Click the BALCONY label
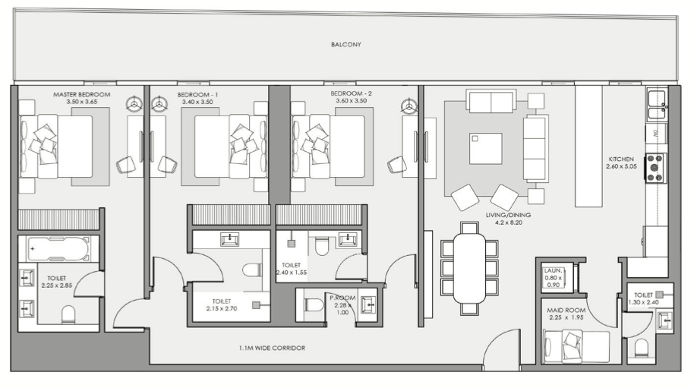click(346, 44)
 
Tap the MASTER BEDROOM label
click(82, 94)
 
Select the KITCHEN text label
click(621, 159)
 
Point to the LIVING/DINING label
click(508, 215)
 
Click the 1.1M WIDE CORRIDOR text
click(272, 349)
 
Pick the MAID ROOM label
click(566, 310)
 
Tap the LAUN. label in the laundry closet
click(554, 270)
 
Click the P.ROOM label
click(342, 298)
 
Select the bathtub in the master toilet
click(58, 248)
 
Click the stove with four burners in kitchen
click(656, 168)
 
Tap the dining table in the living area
click(469, 268)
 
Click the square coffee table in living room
click(485, 149)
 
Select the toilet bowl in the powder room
click(314, 305)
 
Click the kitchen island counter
click(588, 146)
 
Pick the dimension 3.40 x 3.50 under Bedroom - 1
click(197, 102)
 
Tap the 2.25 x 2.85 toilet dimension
click(57, 285)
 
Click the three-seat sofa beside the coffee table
click(535, 148)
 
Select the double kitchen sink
click(657, 105)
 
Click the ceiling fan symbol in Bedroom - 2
click(409, 106)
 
